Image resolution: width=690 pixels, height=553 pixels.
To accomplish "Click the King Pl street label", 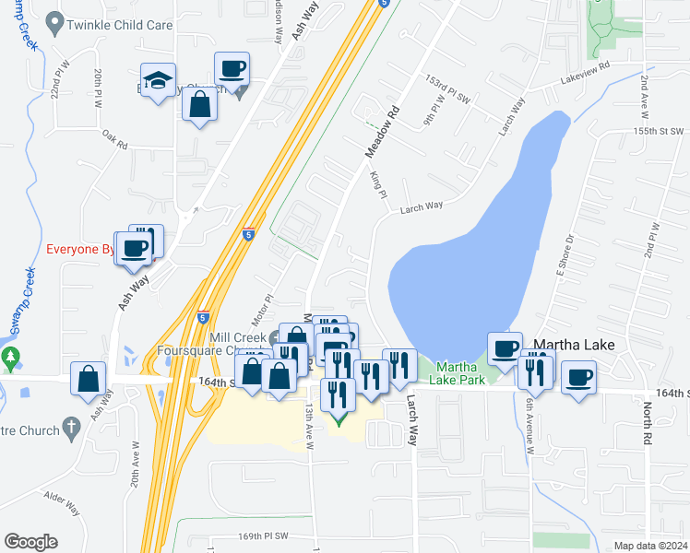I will [376, 182].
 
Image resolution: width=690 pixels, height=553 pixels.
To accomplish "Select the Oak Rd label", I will [114, 138].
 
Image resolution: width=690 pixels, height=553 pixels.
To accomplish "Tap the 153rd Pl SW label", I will [447, 85].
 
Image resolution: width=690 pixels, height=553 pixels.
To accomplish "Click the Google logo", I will [30, 542].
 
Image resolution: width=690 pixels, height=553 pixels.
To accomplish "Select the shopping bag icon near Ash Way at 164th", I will [89, 379].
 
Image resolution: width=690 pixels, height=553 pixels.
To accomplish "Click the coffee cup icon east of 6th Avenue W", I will [578, 377].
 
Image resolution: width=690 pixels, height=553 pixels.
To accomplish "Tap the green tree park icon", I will [10, 357].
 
